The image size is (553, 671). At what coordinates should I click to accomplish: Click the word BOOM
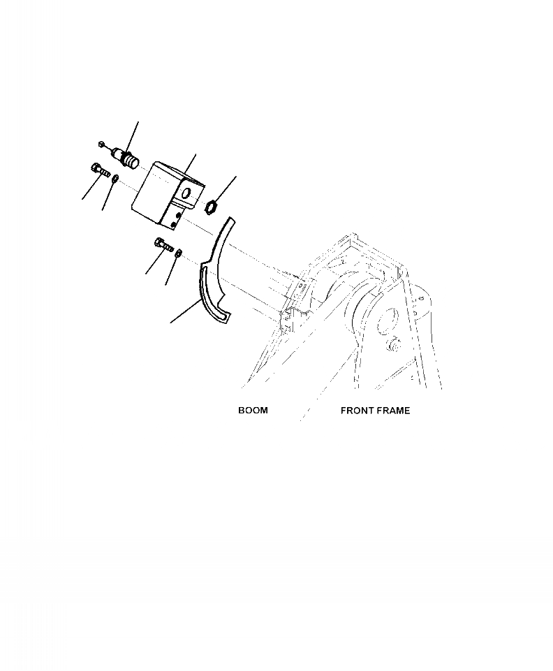[x=253, y=411]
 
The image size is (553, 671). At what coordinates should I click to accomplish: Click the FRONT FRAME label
[x=375, y=411]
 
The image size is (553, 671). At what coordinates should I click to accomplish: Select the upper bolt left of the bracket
[x=98, y=168]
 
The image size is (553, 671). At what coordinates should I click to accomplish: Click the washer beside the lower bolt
[x=179, y=252]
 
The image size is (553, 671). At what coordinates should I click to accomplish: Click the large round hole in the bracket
[x=186, y=192]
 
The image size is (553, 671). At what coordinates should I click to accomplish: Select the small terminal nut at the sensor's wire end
[x=102, y=144]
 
